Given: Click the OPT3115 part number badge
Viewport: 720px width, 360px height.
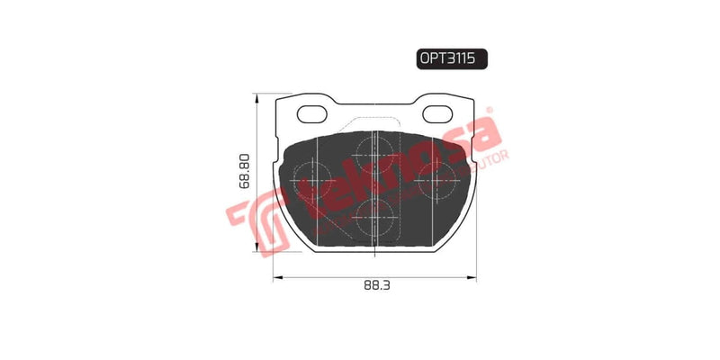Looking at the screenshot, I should [451, 58].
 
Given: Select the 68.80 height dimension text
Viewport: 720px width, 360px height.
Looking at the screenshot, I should [246, 171].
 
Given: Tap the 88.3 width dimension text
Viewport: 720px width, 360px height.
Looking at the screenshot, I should [372, 289].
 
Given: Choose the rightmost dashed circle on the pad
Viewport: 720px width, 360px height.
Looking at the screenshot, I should [438, 178].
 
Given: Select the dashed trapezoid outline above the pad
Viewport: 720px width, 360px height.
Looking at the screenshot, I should [373, 126].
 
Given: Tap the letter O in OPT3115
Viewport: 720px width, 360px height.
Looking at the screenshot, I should [424, 58].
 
